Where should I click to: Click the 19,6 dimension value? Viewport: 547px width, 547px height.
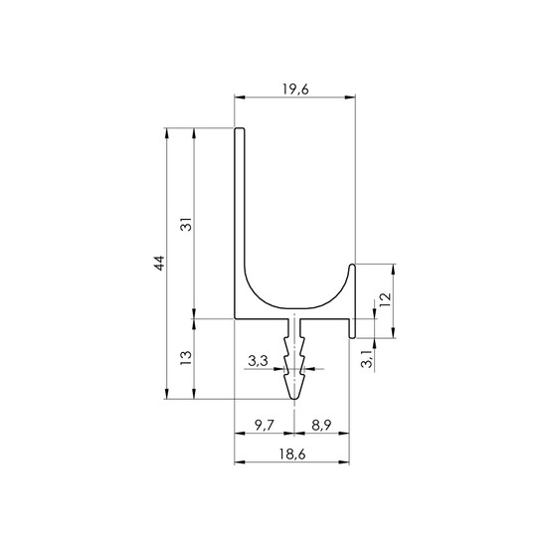(295, 90)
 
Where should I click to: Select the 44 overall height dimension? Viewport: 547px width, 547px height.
(159, 264)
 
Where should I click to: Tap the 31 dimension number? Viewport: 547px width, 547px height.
(187, 224)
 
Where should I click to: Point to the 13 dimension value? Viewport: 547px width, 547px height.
(187, 358)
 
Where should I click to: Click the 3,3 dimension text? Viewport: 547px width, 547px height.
(259, 361)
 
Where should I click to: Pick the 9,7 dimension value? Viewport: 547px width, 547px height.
(265, 426)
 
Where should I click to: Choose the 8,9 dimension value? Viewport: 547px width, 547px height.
(321, 426)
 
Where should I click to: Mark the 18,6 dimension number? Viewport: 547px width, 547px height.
(292, 455)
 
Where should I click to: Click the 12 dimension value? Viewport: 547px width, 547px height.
(386, 300)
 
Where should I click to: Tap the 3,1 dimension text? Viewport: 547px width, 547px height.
(367, 359)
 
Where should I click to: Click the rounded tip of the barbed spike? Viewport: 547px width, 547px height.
(295, 398)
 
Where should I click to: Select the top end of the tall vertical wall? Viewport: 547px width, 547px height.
(240, 129)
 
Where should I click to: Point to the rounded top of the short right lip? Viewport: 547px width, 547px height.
(352, 266)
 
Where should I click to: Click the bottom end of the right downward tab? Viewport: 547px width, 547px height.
(352, 337)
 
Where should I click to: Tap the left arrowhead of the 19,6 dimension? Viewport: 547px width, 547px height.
(240, 97)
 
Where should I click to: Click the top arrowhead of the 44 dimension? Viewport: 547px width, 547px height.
(167, 133)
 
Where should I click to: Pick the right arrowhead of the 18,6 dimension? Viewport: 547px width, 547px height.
(344, 462)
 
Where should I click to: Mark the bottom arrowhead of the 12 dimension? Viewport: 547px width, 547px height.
(394, 332)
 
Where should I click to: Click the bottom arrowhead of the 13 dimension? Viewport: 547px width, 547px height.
(194, 394)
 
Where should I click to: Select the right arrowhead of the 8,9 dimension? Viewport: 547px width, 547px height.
(344, 434)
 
